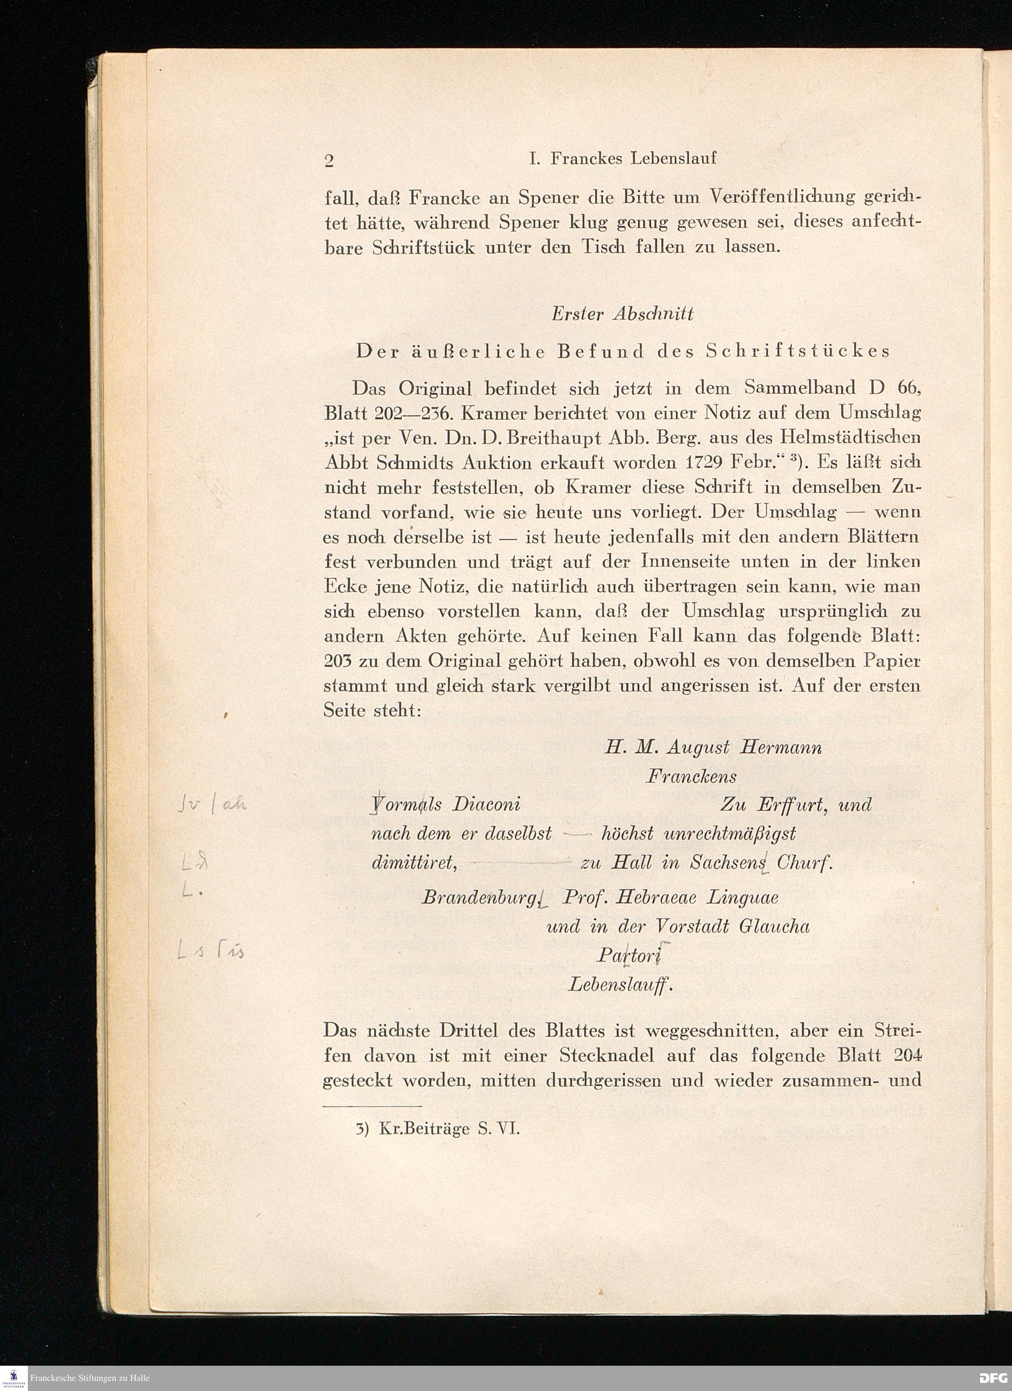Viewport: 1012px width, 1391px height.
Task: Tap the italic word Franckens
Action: pyautogui.click(x=691, y=776)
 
